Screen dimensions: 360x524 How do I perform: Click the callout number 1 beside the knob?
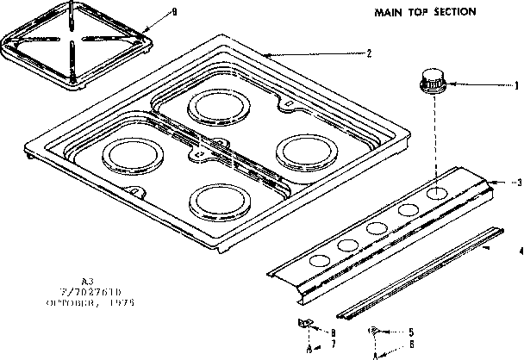click(516, 84)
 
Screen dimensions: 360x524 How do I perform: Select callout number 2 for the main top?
click(369, 53)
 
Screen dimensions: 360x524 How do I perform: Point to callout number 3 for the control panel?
click(519, 183)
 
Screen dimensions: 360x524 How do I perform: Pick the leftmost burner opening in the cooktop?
click(128, 158)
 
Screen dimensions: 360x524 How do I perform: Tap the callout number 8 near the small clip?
click(334, 331)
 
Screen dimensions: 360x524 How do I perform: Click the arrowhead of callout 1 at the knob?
click(451, 84)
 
